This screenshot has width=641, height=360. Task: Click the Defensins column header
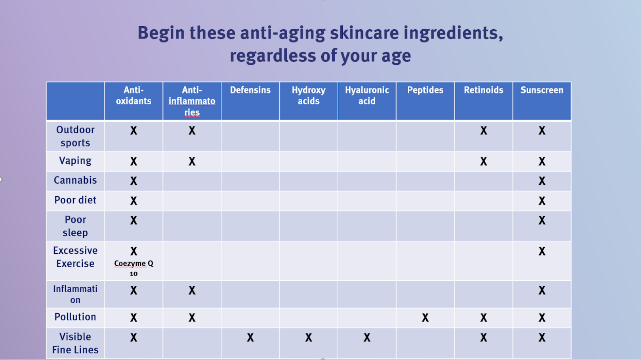click(x=250, y=90)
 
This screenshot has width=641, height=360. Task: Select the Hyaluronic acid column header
click(x=367, y=96)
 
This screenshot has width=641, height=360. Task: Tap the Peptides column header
click(x=425, y=90)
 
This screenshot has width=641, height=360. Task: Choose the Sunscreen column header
click(x=542, y=90)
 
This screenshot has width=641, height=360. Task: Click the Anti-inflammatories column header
click(x=192, y=101)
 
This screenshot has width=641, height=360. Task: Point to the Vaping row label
click(x=75, y=161)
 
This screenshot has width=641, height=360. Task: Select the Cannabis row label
click(x=75, y=180)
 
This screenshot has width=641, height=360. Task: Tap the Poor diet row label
click(x=75, y=200)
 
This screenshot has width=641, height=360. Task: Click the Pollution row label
click(x=75, y=317)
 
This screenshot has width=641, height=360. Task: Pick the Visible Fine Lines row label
click(x=75, y=343)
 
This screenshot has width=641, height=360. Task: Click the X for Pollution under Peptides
click(x=425, y=318)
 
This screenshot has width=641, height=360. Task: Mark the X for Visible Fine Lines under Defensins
click(x=250, y=338)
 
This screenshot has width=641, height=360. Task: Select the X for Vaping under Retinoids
click(x=483, y=162)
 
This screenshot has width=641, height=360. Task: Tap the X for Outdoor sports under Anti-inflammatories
click(x=192, y=131)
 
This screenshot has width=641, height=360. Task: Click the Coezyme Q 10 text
click(x=134, y=268)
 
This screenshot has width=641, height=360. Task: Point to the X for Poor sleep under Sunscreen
click(x=542, y=220)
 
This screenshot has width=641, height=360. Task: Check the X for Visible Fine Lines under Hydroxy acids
click(x=308, y=338)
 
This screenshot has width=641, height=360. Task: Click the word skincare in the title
click(x=364, y=33)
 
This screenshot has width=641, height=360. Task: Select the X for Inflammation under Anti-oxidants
click(x=134, y=291)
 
